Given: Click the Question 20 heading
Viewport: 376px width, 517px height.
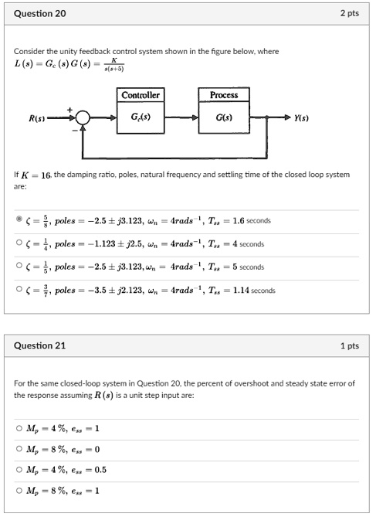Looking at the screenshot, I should click(39, 14).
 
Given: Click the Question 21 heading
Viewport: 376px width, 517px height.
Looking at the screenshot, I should click(39, 345).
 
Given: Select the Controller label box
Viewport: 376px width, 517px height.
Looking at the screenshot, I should click(141, 95).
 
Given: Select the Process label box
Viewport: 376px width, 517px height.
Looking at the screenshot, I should click(224, 95).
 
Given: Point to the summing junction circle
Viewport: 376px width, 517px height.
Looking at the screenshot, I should click(83, 118).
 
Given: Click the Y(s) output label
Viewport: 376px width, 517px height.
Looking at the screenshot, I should click(303, 118).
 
